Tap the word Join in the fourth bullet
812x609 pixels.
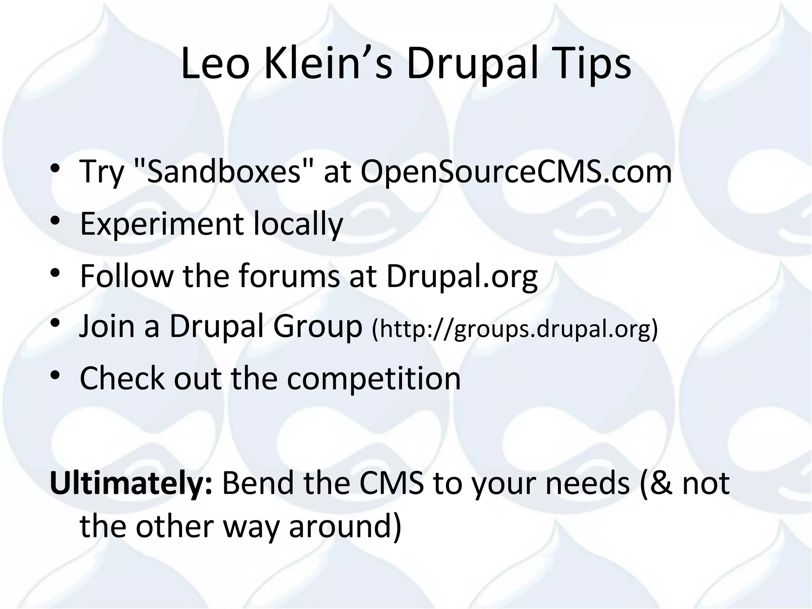tap(107, 326)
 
